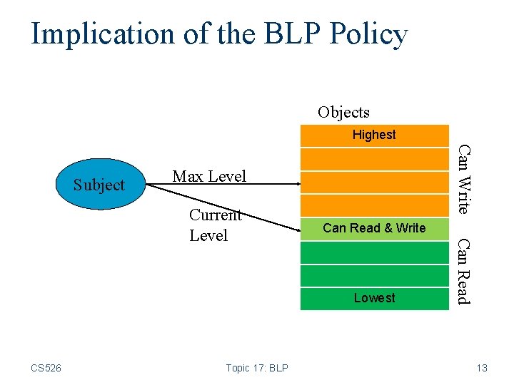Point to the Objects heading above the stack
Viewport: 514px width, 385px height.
pos(343,112)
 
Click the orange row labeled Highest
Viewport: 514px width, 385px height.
pos(374,135)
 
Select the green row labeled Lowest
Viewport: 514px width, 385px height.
pos(374,299)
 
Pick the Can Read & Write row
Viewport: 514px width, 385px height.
pos(374,228)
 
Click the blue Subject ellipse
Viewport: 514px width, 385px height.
pos(99,185)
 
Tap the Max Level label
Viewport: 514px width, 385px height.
pos(209,176)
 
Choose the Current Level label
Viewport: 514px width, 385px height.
pos(214,225)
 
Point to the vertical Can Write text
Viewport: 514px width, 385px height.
pos(464,179)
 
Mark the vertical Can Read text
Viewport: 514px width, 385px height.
pos(464,272)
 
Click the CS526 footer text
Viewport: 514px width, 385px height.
pos(46,368)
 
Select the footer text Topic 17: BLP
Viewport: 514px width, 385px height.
pos(256,368)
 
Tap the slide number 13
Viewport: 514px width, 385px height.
pos(482,368)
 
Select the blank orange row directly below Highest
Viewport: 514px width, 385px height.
pos(374,158)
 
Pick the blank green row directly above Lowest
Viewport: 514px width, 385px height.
pos(374,275)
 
